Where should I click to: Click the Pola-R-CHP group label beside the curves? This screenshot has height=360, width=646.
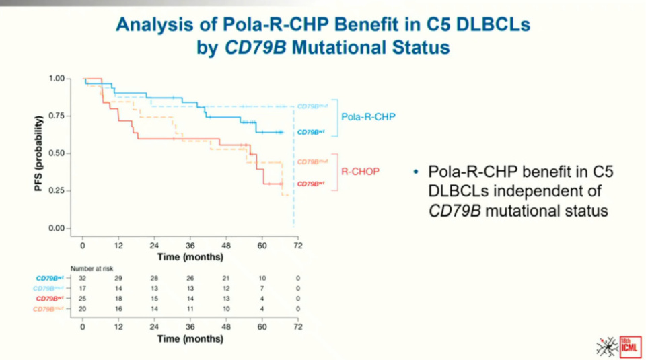pyautogui.click(x=368, y=116)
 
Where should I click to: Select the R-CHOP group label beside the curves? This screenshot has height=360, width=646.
pyautogui.click(x=361, y=172)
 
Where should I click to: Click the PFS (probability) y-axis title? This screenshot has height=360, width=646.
pyautogui.click(x=40, y=153)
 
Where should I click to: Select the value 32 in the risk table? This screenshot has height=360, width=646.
pyautogui.click(x=82, y=278)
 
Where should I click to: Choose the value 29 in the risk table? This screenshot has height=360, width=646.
pyautogui.click(x=118, y=278)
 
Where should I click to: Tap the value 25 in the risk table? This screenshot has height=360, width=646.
pyautogui.click(x=82, y=298)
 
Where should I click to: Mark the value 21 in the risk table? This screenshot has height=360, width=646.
pyautogui.click(x=225, y=278)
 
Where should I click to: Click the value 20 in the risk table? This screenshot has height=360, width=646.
pyautogui.click(x=82, y=308)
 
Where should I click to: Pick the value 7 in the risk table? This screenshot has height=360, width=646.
pyautogui.click(x=262, y=288)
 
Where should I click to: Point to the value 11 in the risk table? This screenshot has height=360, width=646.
pyautogui.click(x=190, y=308)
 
